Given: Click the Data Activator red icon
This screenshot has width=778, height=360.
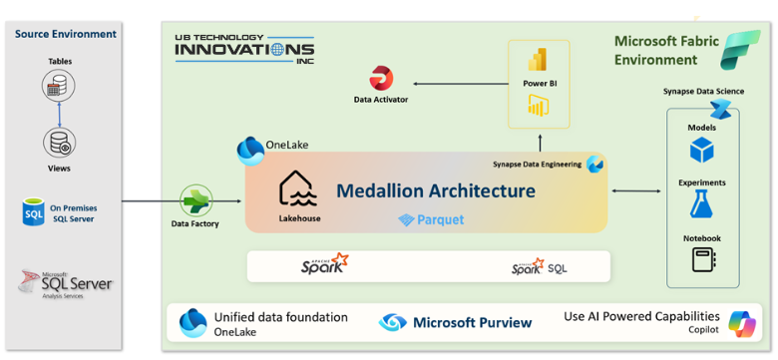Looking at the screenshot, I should [381, 77].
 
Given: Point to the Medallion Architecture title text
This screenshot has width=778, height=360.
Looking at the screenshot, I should [435, 189].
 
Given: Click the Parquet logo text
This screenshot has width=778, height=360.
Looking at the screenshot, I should [431, 219].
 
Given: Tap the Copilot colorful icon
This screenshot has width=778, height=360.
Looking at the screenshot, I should [741, 323].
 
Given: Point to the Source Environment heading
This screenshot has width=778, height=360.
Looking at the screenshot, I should [65, 34].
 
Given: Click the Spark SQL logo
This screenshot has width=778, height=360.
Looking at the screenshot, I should [540, 266].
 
